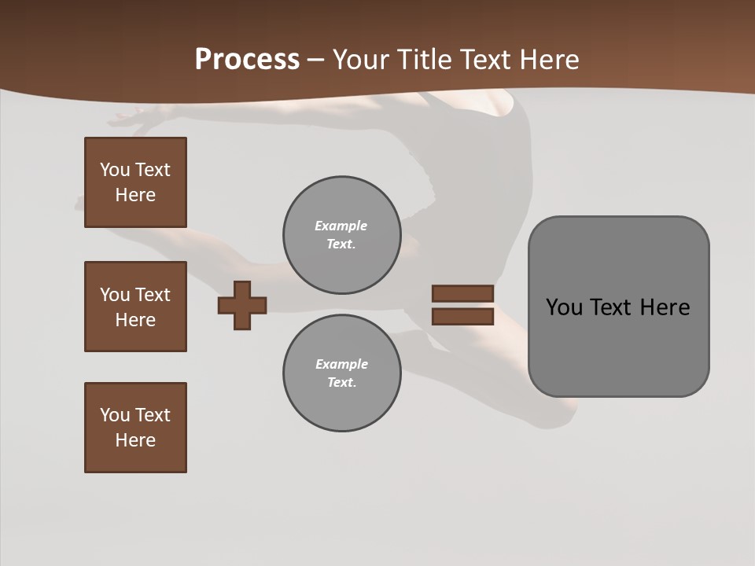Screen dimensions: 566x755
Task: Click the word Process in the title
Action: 247,60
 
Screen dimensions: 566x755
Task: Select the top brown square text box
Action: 135,182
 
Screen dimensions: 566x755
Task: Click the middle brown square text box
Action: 135,307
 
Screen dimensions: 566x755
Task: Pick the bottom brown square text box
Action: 135,428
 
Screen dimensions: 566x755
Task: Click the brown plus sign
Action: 242,306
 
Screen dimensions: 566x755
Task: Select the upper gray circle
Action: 341,235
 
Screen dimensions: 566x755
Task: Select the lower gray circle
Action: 341,373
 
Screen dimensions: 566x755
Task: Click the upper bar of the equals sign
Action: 462,294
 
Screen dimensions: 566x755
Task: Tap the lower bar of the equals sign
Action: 462,317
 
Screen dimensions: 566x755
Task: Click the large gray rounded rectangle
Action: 618,346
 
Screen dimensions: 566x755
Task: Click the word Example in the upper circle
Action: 341,226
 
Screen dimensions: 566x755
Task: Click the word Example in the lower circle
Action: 341,364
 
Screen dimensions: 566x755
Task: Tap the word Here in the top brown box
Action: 135,195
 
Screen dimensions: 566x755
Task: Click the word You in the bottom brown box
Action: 115,415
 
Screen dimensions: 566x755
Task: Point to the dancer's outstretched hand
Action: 126,119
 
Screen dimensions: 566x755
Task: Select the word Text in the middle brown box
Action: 153,295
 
